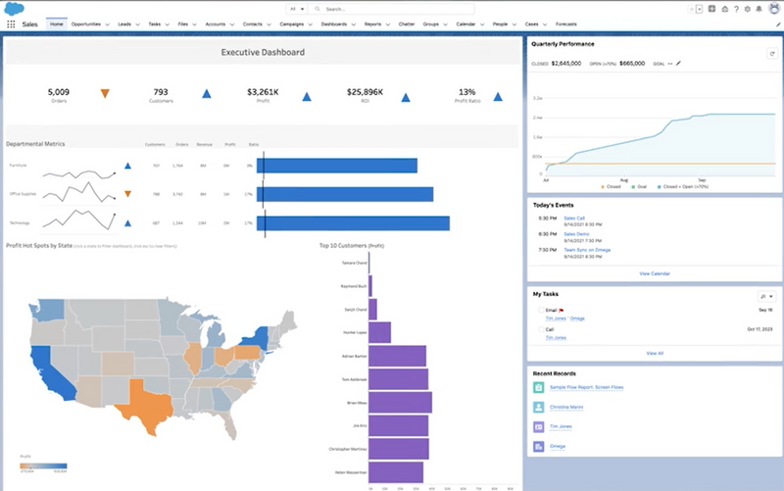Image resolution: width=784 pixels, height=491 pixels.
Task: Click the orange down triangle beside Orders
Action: click(105, 94)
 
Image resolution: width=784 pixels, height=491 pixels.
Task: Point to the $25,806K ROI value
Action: click(365, 92)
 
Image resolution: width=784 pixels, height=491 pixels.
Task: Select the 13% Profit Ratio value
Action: click(466, 92)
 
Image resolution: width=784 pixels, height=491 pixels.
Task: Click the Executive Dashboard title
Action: click(263, 52)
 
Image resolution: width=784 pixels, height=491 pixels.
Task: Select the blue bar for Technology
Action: click(353, 223)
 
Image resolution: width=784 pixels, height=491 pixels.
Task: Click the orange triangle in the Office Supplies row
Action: click(127, 194)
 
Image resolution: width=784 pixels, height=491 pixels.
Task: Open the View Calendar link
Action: click(654, 273)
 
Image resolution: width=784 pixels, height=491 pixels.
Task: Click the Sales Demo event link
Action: click(577, 235)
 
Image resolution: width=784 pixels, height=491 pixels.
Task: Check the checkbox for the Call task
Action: click(540, 329)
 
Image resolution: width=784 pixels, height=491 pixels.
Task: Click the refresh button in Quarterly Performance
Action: click(771, 53)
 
